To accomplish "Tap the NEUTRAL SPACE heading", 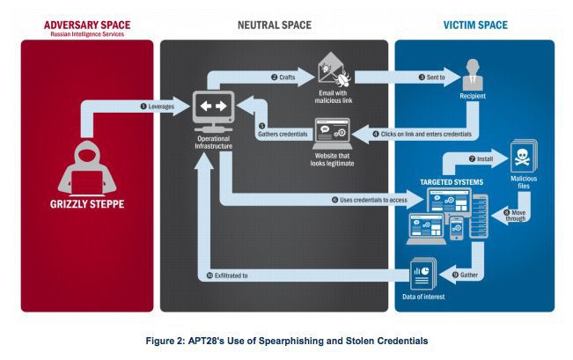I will pyautogui.click(x=274, y=25).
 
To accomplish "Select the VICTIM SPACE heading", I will pyautogui.click(x=475, y=25).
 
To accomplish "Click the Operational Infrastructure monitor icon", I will pyautogui.click(x=213, y=109).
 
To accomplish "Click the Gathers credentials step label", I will pyautogui.click(x=281, y=134).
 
